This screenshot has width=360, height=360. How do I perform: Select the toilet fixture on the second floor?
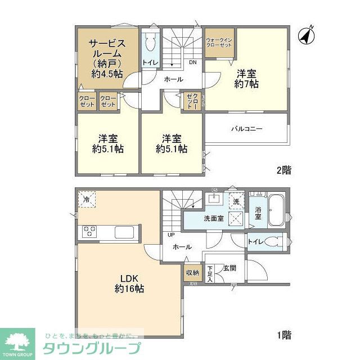tap(150, 42)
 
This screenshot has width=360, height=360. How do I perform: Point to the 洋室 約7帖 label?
tap(246, 78)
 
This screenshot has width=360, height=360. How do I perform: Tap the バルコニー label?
tap(246, 129)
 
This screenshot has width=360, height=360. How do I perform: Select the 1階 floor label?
tap(283, 336)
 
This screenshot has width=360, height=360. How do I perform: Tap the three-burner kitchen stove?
tap(90, 231)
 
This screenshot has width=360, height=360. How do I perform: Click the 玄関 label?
tap(229, 268)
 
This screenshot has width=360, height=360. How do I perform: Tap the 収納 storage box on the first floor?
tap(192, 273)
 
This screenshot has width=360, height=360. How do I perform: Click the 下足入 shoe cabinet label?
tap(210, 273)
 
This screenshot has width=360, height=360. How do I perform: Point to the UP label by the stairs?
tap(169, 235)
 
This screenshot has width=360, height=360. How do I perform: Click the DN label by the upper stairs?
tap(192, 62)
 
